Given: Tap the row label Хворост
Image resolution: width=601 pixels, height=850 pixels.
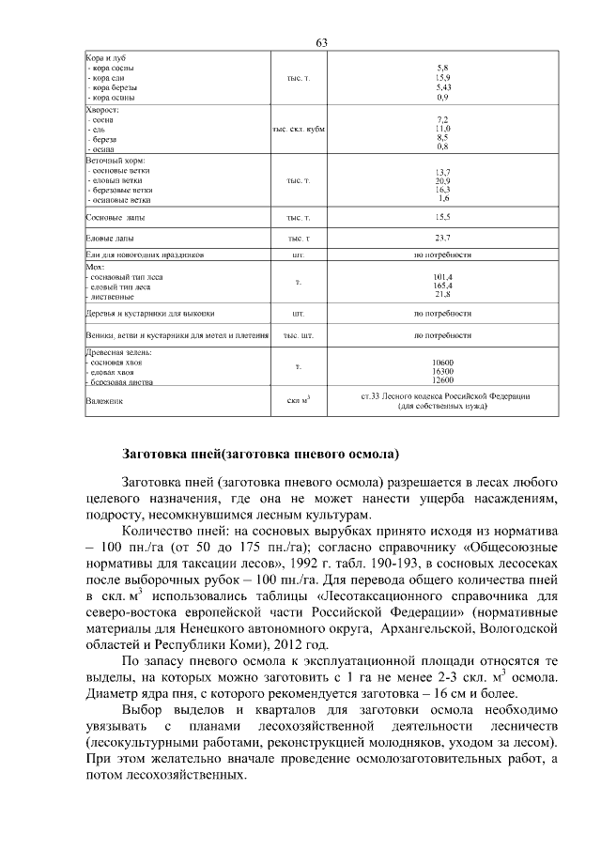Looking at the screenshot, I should click(104, 109).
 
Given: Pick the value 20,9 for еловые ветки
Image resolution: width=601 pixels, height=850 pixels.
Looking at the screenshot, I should click(442, 180).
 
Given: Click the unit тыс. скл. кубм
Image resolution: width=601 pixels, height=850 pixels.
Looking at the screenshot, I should click(298, 129).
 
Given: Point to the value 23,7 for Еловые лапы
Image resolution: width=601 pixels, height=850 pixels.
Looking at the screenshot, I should click(442, 237).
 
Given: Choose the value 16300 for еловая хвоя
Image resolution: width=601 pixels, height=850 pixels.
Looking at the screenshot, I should click(442, 372).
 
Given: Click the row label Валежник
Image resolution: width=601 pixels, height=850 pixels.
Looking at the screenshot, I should click(104, 401).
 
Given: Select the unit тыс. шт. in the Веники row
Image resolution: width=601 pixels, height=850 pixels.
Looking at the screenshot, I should click(298, 334).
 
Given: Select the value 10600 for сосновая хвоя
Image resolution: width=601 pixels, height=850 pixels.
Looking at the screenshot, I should click(442, 363).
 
